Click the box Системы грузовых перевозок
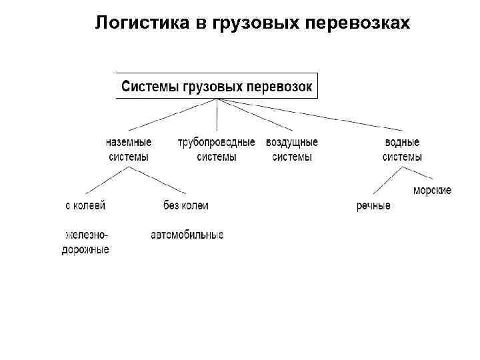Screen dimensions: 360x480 218,86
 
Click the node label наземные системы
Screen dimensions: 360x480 129,149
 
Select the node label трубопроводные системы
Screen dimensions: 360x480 216,149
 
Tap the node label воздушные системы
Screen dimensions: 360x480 292,149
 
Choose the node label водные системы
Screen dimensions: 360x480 402,149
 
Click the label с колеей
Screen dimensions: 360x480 85,205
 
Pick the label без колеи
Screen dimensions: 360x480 185,205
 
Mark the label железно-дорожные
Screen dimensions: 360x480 86,242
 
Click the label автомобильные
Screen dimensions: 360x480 187,235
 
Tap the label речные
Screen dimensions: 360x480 373,206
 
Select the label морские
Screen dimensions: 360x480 432,191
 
